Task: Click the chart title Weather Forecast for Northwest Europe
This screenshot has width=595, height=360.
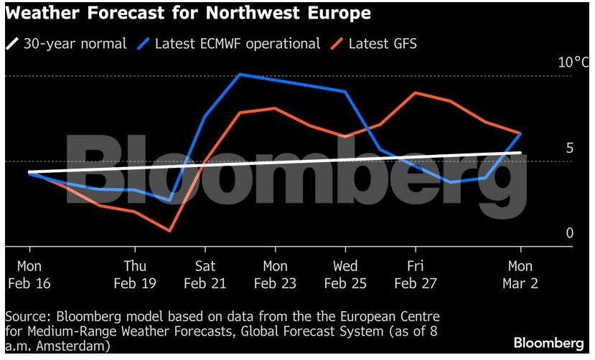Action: click(188, 14)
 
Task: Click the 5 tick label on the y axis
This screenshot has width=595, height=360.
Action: click(569, 148)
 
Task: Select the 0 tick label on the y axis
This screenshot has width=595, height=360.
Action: click(570, 233)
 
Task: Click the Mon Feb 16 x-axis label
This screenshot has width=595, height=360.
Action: click(29, 275)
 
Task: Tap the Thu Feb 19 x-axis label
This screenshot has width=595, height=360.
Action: click(135, 275)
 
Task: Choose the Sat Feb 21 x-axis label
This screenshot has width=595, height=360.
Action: click(205, 275)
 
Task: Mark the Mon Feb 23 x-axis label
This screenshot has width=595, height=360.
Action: click(275, 275)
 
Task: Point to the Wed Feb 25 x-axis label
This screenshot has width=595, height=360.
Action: click(345, 275)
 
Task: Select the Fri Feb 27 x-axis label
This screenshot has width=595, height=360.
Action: click(416, 275)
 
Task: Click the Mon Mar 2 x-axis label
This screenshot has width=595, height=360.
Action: click(521, 275)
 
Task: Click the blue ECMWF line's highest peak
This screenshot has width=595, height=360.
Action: click(240, 74)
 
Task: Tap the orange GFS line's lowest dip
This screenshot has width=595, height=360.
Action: click(169, 231)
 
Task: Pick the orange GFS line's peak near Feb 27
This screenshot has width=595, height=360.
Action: click(416, 93)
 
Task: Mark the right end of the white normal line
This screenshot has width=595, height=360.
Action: click(520, 153)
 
